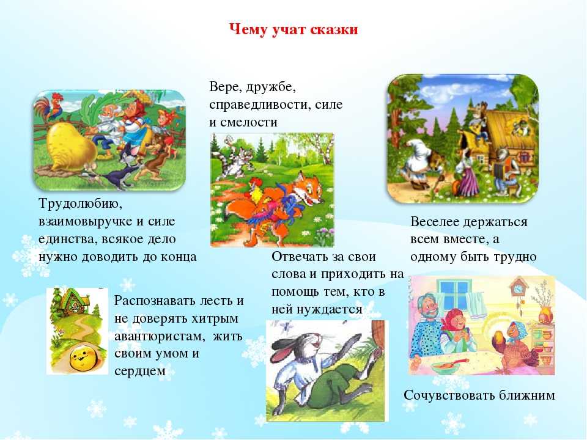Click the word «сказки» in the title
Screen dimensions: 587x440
(x=334, y=29)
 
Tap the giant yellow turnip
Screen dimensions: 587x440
(x=71, y=148)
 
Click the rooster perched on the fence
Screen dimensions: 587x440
(x=49, y=108)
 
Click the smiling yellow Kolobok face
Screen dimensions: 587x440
(x=84, y=357)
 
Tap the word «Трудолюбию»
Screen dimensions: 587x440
(x=81, y=204)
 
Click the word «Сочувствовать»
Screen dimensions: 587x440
(x=444, y=395)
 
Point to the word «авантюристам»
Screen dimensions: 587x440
(x=160, y=336)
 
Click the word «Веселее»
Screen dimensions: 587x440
(x=435, y=222)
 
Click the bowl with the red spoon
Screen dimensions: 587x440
(x=448, y=365)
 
